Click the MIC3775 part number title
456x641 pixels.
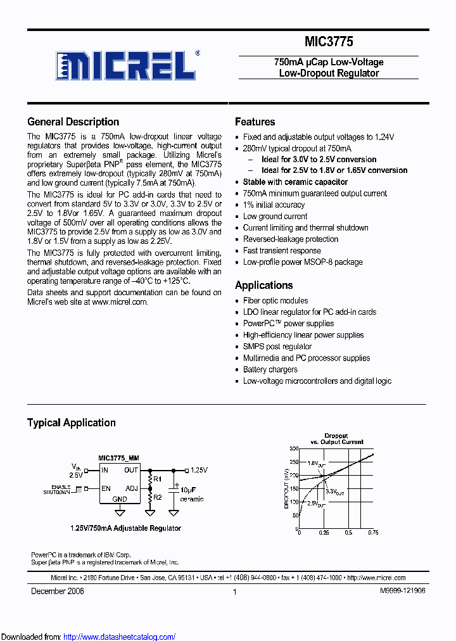(x=328, y=42)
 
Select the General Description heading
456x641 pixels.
(x=73, y=122)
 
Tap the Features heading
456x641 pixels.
(x=255, y=122)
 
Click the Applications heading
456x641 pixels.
(x=263, y=285)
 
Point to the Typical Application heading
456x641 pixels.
(x=71, y=422)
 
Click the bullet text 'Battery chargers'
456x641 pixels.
(x=270, y=369)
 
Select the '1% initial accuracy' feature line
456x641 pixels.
(x=274, y=205)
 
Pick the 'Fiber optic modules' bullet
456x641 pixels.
(x=275, y=300)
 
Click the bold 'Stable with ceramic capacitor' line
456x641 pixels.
(x=295, y=182)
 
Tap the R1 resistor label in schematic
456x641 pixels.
(x=158, y=478)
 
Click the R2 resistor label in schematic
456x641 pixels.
(x=158, y=498)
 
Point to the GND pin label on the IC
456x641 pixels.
(x=120, y=498)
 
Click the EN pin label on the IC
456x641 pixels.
(x=105, y=488)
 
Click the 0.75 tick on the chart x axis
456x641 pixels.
(x=374, y=533)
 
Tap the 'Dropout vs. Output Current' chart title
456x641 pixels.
(x=336, y=439)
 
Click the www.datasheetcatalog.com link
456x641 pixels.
(x=120, y=637)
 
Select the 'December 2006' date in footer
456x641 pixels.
(x=58, y=590)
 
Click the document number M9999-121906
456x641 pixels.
(x=402, y=590)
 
